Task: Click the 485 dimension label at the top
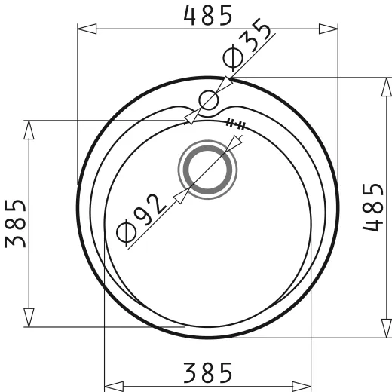[208, 16]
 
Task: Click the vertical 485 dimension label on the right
[373, 207]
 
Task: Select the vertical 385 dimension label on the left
[15, 224]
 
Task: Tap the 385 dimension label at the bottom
[208, 372]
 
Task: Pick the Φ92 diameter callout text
[141, 220]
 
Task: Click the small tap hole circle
[208, 100]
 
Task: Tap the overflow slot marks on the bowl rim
[236, 124]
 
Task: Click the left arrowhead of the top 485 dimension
[87, 29]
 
